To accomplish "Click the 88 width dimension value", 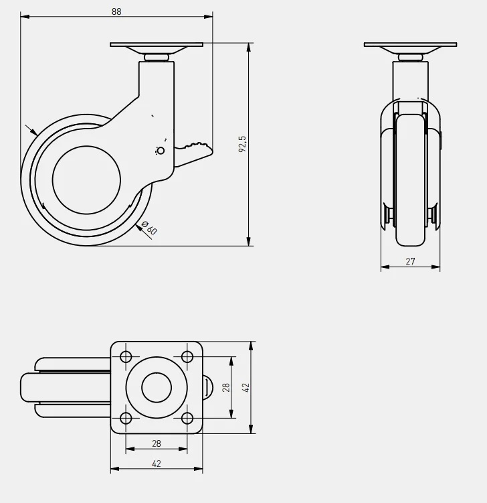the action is click(x=116, y=11).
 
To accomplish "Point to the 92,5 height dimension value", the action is click(x=243, y=144).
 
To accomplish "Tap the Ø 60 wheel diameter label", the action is click(x=149, y=228).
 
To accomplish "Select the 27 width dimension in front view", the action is click(x=410, y=261).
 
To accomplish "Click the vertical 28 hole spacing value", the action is click(x=226, y=388).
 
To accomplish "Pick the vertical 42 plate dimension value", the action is click(x=246, y=388).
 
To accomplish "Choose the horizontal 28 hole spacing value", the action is click(x=157, y=443).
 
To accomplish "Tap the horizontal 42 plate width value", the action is click(x=157, y=463).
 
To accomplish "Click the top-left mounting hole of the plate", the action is click(x=126, y=357).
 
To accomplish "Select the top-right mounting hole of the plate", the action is click(x=187, y=357).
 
